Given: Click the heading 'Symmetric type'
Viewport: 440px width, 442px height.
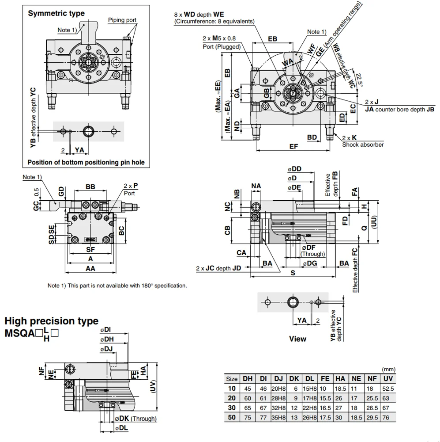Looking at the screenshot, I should coord(56,13).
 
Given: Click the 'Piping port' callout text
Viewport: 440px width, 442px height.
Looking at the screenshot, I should coord(122,20).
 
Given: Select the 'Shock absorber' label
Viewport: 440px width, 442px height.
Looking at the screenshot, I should coord(363,145).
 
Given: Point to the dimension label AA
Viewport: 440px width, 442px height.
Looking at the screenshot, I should coord(90,268).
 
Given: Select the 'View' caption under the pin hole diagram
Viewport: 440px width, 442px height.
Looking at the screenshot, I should coord(297,339).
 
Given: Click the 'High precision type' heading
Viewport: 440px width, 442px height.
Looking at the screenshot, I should coord(51,321).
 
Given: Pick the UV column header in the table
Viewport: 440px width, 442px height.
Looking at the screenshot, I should coord(388,379).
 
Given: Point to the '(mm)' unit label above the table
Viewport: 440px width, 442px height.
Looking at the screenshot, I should coord(388,370).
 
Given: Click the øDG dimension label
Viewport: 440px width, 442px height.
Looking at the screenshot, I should coord(310,263).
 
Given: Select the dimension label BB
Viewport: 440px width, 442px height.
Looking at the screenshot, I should coord(90,187).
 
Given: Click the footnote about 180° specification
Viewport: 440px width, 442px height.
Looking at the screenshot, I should coord(117,286).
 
